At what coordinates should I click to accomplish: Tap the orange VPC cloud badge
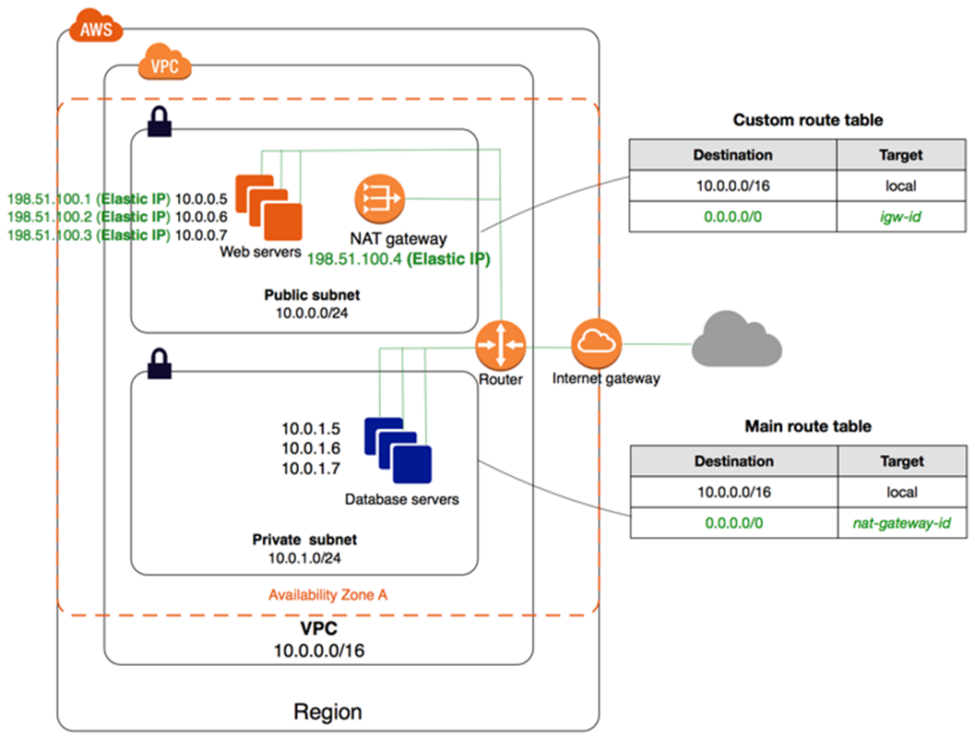165,66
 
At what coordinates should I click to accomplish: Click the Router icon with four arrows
501,346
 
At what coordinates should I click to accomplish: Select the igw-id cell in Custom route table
899,217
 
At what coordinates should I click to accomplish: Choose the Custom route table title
807,120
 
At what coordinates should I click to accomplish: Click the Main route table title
807,427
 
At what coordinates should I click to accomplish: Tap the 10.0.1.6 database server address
311,448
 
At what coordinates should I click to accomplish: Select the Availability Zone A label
328,594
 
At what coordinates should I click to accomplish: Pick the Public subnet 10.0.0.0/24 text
305,304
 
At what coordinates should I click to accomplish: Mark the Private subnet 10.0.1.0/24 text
305,549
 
